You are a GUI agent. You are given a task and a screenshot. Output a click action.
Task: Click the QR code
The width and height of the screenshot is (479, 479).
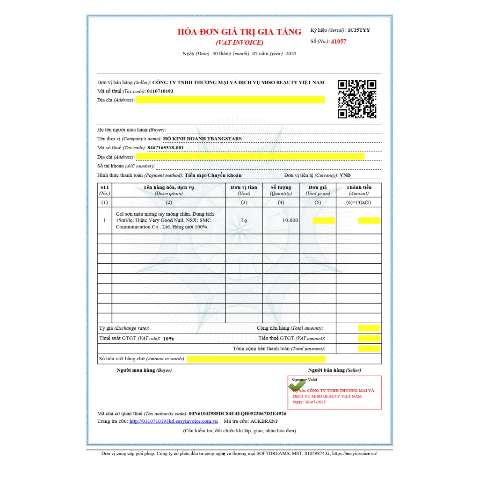pyautogui.click(x=357, y=99)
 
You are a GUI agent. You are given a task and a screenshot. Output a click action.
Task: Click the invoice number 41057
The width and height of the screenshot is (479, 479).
pyautogui.click(x=338, y=42)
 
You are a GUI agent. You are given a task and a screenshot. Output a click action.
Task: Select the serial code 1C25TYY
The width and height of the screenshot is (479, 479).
pyautogui.click(x=358, y=30)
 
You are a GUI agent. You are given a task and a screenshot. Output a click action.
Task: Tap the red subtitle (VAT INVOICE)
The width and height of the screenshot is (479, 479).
pyautogui.click(x=239, y=43)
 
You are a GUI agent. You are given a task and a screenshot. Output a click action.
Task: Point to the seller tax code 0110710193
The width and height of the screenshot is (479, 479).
pyautogui.click(x=160, y=91)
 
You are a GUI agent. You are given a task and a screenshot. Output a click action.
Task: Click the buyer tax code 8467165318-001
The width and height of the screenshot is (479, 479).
pyautogui.click(x=165, y=148)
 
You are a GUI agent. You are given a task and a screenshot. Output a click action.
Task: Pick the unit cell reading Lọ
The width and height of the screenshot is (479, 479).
pyautogui.click(x=244, y=220)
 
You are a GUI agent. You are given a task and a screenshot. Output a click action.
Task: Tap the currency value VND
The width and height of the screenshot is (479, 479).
pyautogui.click(x=345, y=175)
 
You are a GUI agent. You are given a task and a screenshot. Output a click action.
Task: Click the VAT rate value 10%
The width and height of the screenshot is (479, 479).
pyautogui.click(x=168, y=338)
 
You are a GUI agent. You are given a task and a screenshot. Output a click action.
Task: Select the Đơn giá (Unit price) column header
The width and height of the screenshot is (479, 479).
pyautogui.click(x=318, y=190)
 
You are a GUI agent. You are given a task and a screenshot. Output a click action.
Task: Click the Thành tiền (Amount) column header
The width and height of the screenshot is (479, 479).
pyautogui.click(x=359, y=190)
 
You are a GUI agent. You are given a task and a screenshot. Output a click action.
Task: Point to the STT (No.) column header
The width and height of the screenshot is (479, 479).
pyautogui.click(x=104, y=190)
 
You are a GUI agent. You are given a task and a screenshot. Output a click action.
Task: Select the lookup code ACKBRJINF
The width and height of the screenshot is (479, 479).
pyautogui.click(x=263, y=421)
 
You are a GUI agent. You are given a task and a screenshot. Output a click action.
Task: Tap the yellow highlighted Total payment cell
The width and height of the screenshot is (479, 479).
pyautogui.click(x=369, y=348)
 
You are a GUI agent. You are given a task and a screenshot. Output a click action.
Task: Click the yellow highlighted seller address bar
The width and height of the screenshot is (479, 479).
pyautogui.click(x=230, y=100)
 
